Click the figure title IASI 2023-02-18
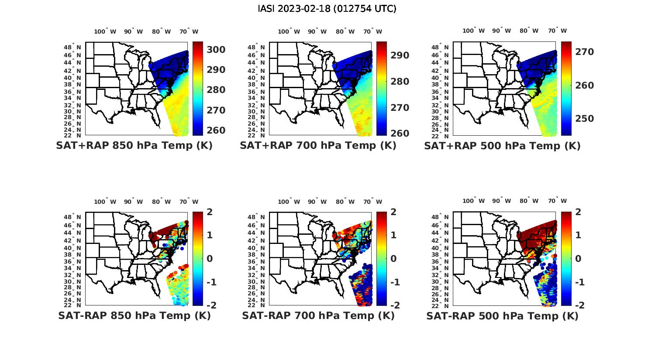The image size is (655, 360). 327,9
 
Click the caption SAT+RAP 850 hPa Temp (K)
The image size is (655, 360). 134,146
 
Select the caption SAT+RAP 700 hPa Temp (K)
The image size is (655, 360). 318,146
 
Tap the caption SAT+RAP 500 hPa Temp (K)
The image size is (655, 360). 502,146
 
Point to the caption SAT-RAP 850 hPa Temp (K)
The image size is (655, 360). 134,315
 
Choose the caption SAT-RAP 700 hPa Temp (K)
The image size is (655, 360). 318,315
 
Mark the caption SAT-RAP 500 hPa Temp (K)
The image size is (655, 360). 502,316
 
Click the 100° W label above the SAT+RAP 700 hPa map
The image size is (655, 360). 289,31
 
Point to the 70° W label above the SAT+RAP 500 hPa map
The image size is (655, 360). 558,31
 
